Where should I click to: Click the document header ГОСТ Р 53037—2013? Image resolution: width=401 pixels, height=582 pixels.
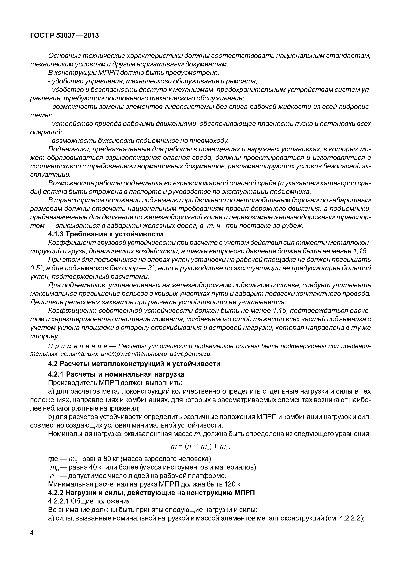[x=64, y=36]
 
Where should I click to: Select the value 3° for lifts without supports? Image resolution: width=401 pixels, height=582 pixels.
[x=151, y=268]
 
